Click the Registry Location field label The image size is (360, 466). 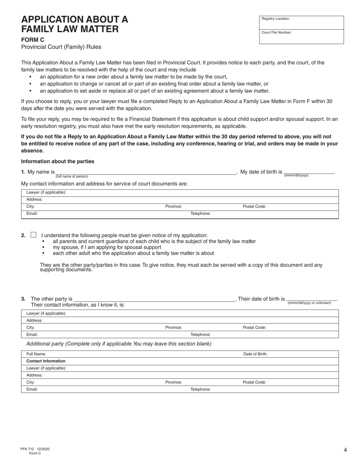tap(275, 19)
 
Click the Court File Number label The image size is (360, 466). tap(276, 33)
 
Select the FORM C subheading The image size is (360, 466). tap(33, 39)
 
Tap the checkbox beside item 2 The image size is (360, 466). tap(33, 235)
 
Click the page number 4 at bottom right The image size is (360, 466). tap(345, 450)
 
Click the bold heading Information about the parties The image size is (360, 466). tap(58, 161)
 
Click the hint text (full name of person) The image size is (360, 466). tap(72, 177)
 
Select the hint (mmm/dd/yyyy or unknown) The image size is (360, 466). tap(309, 303)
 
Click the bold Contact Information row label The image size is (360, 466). tap(46, 361)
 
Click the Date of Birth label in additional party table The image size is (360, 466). tap(255, 354)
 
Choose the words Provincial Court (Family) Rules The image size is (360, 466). tap(61, 47)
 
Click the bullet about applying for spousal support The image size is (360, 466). tap(107, 247)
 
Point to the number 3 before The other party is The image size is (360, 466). tap(23, 299)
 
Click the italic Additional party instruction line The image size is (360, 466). tap(119, 344)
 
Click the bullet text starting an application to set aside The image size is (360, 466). tap(155, 91)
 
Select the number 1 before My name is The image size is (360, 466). tap(23, 172)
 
